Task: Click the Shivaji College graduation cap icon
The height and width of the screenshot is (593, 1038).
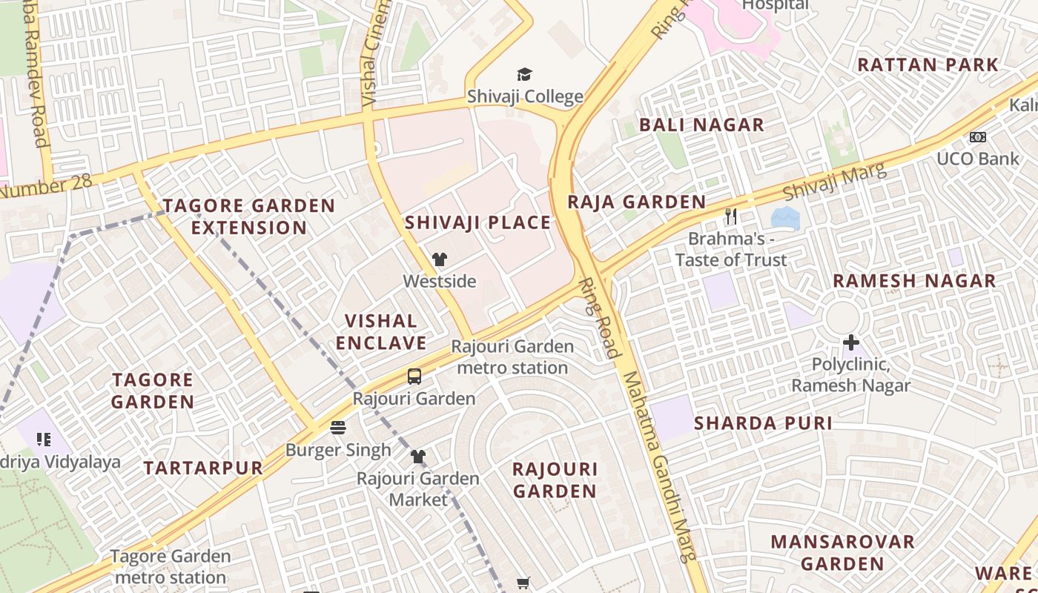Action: [x=524, y=74]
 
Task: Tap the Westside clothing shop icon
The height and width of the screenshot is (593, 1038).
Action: [x=440, y=259]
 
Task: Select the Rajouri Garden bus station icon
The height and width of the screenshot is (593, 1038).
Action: [x=414, y=377]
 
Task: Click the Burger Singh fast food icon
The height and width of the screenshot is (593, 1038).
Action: [x=338, y=428]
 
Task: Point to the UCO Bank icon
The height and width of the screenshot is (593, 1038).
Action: [x=977, y=137]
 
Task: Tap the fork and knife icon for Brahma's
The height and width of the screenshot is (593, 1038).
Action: [x=731, y=216]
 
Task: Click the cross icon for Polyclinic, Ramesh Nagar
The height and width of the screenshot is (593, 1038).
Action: [x=850, y=342]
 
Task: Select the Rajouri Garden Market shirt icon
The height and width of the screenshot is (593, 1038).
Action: [x=418, y=457]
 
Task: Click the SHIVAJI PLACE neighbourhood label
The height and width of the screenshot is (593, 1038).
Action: [x=477, y=222]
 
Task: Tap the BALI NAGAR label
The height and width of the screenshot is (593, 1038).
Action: [x=701, y=125]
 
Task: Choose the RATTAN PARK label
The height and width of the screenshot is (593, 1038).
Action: [x=928, y=64]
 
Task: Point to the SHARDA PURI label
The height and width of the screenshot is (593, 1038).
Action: [x=763, y=423]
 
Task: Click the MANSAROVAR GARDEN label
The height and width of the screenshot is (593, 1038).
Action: [x=842, y=552]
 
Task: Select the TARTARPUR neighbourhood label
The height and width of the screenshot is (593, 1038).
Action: [x=203, y=468]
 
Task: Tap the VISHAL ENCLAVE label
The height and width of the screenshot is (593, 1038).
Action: [x=381, y=331]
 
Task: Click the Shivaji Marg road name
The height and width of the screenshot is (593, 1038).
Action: [x=834, y=182]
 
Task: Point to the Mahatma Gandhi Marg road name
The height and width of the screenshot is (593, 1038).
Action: [x=659, y=467]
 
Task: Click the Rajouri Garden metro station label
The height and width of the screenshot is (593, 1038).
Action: [x=512, y=357]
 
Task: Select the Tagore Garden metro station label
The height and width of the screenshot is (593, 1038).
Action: [x=171, y=566]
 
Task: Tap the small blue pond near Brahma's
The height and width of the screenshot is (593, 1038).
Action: [x=785, y=218]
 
